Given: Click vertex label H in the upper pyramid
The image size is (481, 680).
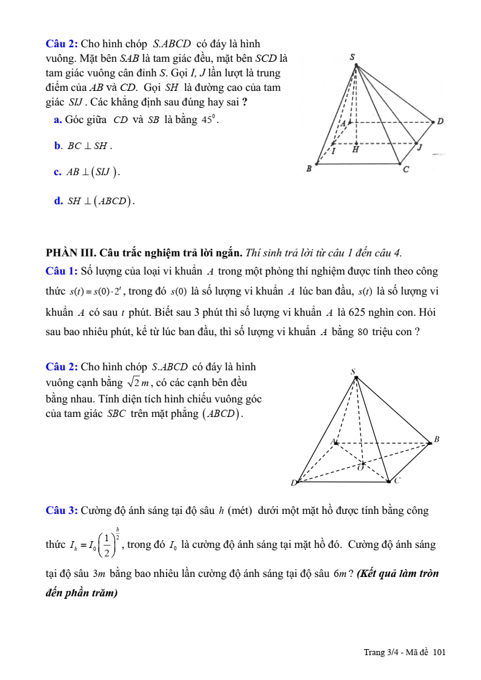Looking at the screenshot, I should [356, 149].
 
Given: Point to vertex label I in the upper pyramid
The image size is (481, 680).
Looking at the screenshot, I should [333, 152].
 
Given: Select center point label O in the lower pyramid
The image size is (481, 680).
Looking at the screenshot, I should [360, 467].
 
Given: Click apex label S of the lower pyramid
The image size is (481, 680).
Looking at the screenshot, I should [353, 371].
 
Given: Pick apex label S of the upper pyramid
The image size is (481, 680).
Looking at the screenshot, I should [353, 57].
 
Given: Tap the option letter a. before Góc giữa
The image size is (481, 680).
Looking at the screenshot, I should [58, 120].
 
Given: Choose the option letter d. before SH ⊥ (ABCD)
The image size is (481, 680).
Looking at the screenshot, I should [58, 201].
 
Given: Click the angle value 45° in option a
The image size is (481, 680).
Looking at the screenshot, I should [209, 119].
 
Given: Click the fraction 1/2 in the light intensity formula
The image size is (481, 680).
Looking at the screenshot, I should [107, 545].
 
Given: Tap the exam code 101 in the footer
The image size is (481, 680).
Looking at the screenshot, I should [440, 652].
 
